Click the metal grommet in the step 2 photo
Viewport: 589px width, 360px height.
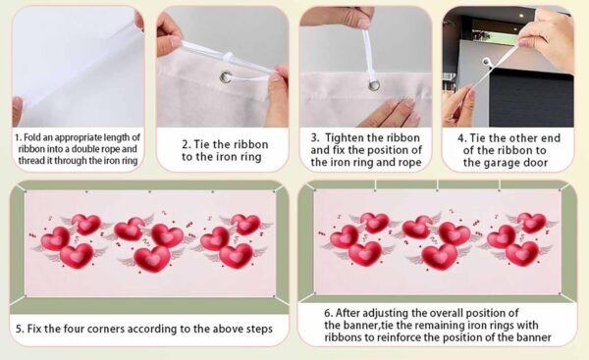226,77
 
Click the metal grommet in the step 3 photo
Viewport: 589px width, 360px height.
374,84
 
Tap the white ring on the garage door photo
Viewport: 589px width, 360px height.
487,62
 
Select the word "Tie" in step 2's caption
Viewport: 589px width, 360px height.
202,144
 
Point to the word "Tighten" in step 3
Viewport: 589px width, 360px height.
345,138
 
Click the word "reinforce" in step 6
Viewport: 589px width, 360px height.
399,337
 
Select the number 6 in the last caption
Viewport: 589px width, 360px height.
328,313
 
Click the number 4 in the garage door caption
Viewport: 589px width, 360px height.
461,138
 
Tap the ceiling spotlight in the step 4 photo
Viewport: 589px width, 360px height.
520,16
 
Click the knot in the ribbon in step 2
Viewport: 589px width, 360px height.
229,57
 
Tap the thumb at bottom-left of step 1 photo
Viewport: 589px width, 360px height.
18,111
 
